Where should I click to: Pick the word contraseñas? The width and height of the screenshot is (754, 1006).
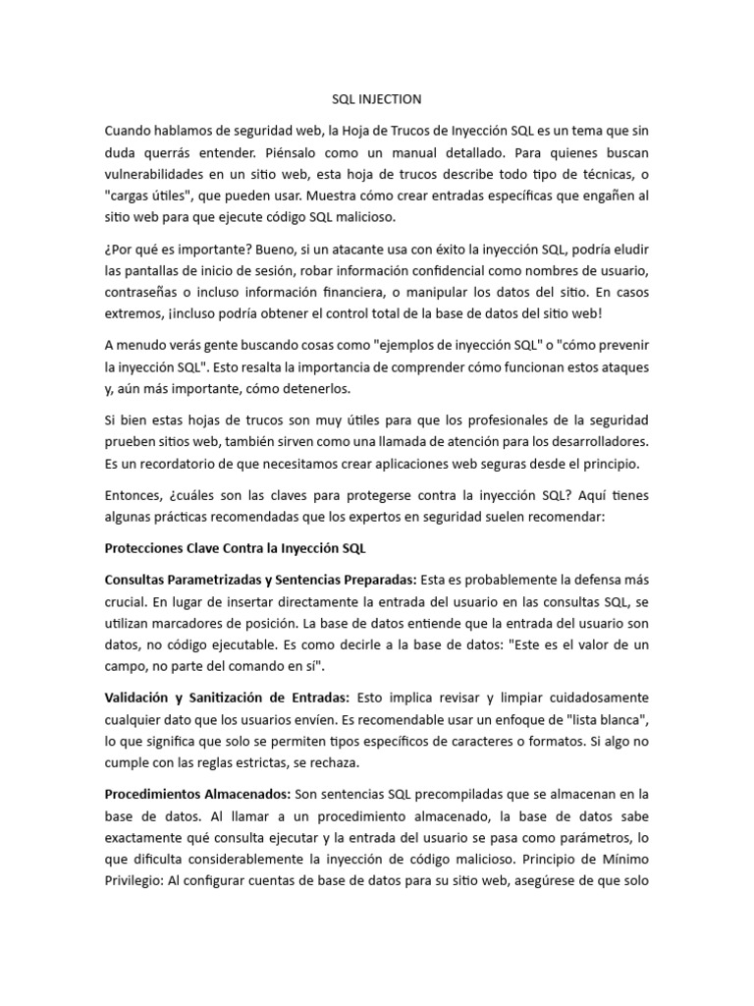point(143,293)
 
